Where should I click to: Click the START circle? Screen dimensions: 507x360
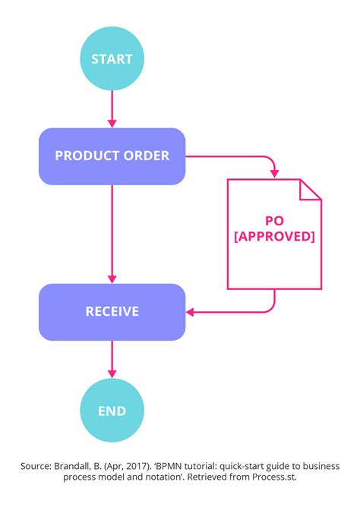[x=112, y=58]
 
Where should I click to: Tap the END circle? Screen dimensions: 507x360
[x=112, y=411]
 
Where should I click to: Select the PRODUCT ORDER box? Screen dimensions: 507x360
[x=112, y=156]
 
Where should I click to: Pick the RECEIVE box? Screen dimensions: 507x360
[x=112, y=311]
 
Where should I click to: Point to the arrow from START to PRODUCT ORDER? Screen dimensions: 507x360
[x=112, y=106]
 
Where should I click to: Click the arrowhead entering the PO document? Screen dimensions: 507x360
[x=274, y=173]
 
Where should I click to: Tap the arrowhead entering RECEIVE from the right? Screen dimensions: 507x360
[x=191, y=311]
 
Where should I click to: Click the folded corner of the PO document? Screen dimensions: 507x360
[x=310, y=190]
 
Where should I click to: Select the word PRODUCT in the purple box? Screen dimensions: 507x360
[x=83, y=156]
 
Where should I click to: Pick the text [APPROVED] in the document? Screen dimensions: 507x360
[x=274, y=236]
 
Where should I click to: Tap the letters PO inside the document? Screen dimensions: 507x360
[x=274, y=220]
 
